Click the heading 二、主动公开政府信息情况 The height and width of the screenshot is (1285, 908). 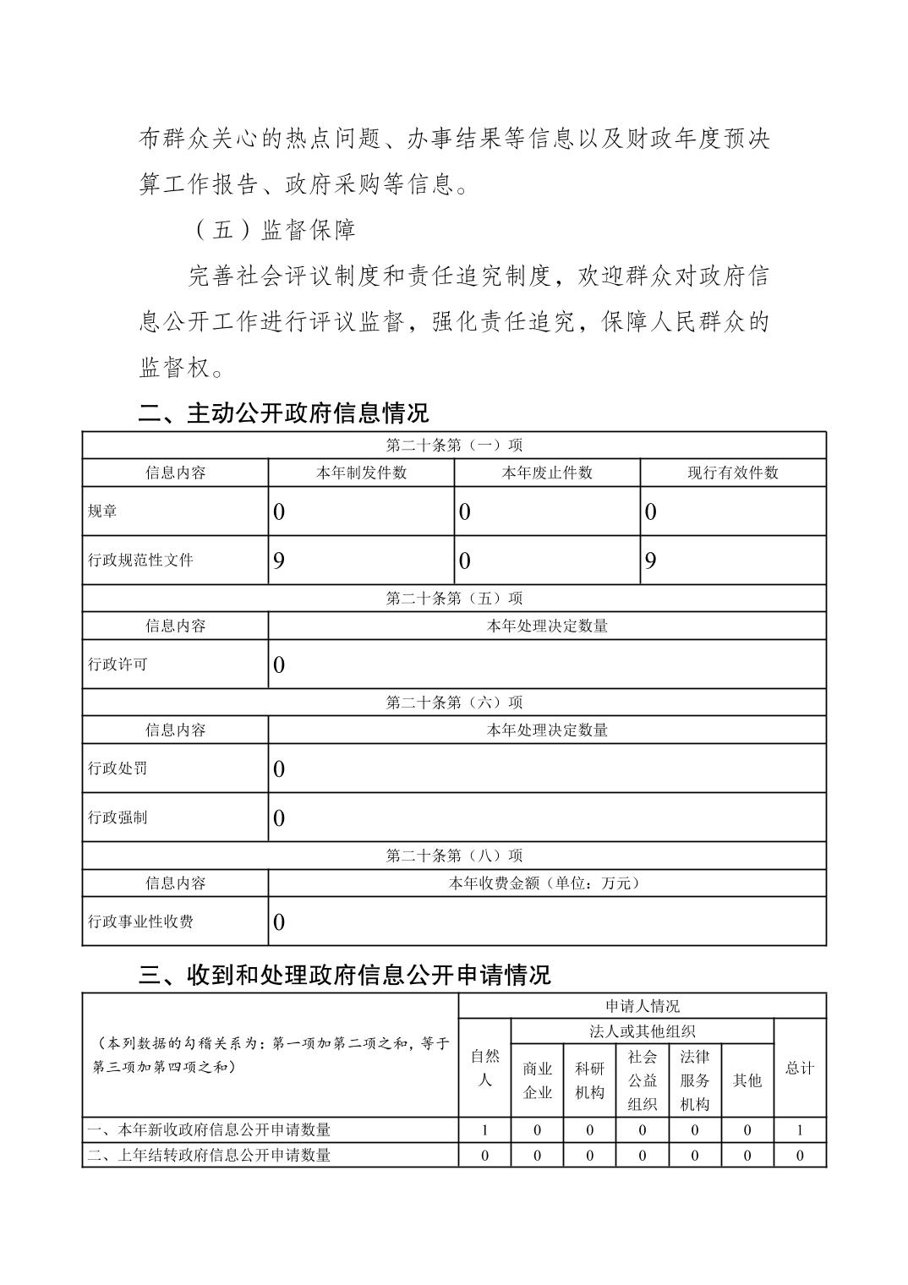[284, 413]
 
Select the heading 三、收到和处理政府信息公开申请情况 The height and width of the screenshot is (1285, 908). [344, 975]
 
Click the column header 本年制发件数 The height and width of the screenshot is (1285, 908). [361, 473]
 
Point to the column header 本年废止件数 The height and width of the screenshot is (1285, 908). [547, 473]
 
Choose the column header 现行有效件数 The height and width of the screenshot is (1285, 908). [733, 473]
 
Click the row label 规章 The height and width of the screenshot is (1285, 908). [103, 511]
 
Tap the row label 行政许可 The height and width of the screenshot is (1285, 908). [118, 664]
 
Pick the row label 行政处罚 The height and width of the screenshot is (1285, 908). [118, 768]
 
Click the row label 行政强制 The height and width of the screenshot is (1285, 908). [118, 817]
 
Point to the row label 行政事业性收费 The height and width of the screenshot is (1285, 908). [140, 921]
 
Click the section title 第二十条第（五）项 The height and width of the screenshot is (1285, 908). [454, 599]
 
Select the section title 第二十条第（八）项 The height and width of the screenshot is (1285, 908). [454, 856]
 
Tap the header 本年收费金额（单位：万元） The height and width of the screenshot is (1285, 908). [547, 883]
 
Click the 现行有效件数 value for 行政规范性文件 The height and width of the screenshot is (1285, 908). [651, 560]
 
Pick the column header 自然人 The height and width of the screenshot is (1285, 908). [484, 1068]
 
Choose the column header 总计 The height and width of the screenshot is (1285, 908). [800, 1068]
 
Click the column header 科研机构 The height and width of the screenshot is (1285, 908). [589, 1080]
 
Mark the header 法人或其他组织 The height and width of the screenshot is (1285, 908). [642, 1031]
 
